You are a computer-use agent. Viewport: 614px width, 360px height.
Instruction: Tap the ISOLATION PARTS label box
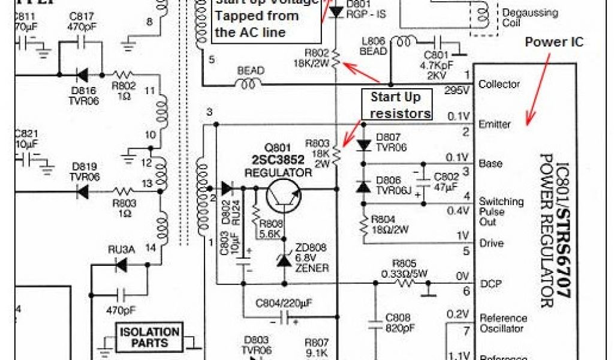coord(149,337)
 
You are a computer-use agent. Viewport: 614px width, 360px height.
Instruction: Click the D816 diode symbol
coord(80,75)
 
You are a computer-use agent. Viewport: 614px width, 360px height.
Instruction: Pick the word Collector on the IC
coord(499,85)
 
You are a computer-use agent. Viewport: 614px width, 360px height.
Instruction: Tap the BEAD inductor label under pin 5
coord(251,71)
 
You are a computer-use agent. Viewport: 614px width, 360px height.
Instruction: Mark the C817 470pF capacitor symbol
coord(80,43)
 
